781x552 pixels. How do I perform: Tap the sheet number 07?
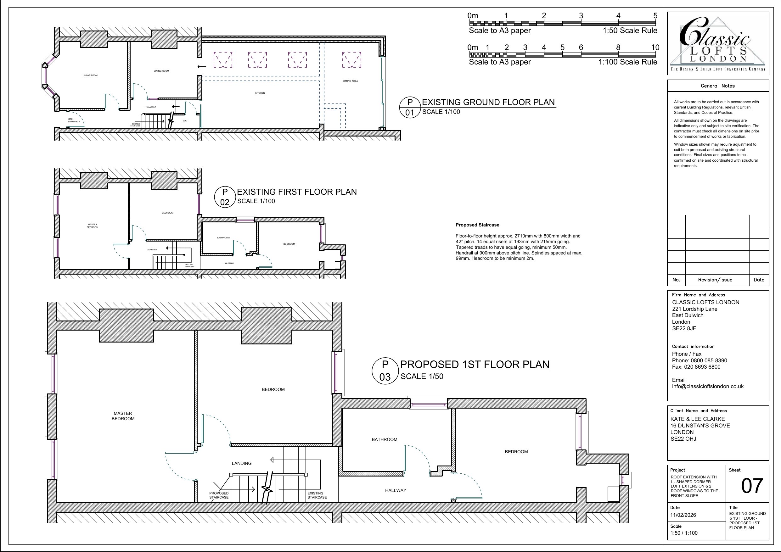tap(752, 486)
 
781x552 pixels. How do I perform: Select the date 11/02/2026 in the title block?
tap(683, 515)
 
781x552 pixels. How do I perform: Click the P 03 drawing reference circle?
tap(385, 371)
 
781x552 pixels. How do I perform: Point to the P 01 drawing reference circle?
tap(410, 107)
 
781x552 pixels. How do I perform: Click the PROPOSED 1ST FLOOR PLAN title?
tap(475, 364)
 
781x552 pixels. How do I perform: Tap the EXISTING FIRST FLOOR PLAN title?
tap(297, 192)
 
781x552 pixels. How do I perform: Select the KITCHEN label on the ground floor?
tap(260, 93)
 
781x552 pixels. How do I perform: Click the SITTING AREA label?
tap(350, 81)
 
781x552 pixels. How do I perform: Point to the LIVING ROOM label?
tap(90, 75)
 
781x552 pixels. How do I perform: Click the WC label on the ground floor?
tap(185, 121)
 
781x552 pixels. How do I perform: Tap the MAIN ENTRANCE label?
tap(74, 120)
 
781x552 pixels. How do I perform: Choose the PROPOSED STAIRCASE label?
tap(219, 495)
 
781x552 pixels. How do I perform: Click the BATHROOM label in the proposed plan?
tap(385, 439)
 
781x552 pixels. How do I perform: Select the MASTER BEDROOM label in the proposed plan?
tap(123, 416)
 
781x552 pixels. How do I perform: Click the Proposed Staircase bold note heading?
tap(477, 225)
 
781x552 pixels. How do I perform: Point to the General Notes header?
tap(718, 86)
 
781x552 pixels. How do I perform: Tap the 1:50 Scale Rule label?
tap(630, 31)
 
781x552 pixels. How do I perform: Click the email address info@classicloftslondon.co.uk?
tap(708, 386)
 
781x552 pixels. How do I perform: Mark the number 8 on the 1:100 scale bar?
tap(618, 47)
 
